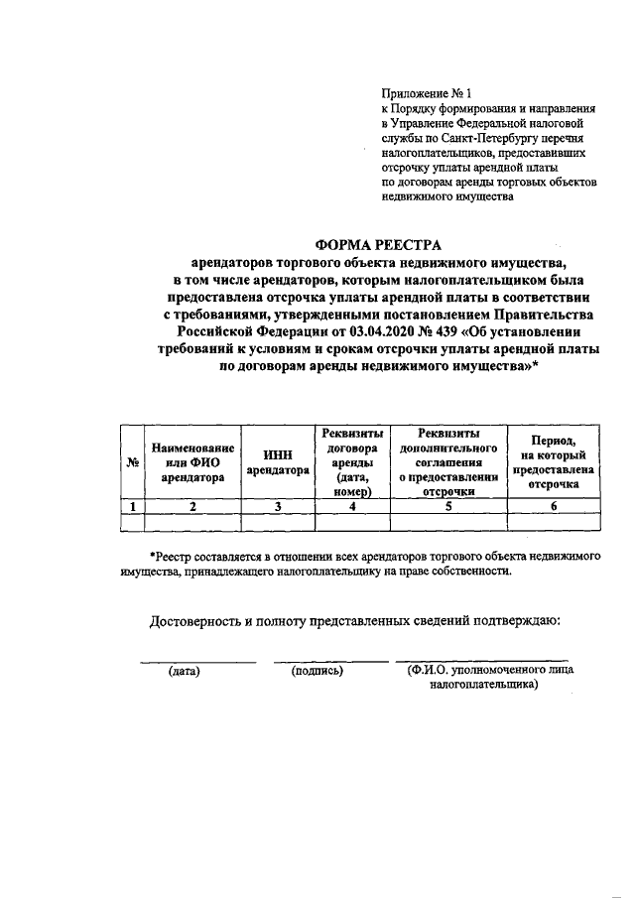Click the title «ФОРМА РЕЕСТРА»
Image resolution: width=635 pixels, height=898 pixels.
(377, 244)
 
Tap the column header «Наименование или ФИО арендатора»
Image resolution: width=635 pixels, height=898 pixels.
(194, 462)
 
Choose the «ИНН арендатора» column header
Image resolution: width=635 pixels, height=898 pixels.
(279, 462)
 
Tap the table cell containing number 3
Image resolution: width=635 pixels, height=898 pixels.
(279, 507)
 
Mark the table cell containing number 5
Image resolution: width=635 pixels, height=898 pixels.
(448, 507)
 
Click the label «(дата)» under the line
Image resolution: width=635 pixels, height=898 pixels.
(185, 672)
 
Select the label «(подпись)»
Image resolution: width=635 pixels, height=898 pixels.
(317, 672)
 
